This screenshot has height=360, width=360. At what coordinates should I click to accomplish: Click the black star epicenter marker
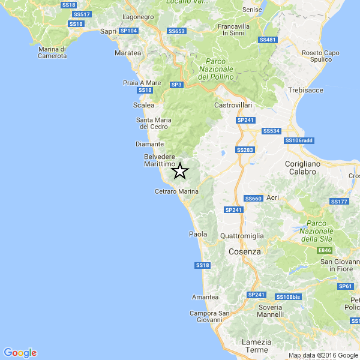pyautogui.click(x=179, y=171)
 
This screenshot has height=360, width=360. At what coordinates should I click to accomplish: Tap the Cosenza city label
pyautogui.click(x=245, y=252)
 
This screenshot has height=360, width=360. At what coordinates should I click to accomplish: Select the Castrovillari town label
pyautogui.click(x=233, y=105)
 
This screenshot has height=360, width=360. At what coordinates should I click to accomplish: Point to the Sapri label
pyautogui.click(x=109, y=31)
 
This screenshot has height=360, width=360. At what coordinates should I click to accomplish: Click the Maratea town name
pyautogui.click(x=127, y=53)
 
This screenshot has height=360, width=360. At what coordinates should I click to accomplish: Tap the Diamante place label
pyautogui.click(x=149, y=144)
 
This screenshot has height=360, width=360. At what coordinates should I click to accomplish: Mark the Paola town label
pyautogui.click(x=198, y=234)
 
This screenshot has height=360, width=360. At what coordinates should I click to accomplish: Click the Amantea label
pyautogui.click(x=205, y=297)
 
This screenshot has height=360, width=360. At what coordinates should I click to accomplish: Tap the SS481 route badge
pyautogui.click(x=268, y=40)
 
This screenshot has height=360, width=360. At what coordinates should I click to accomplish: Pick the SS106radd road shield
pyautogui.click(x=299, y=141)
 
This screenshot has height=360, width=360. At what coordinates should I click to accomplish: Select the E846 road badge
pyautogui.click(x=325, y=250)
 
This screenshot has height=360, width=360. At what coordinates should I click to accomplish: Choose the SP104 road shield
pyautogui.click(x=128, y=30)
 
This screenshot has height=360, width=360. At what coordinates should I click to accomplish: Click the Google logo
pyautogui.click(x=20, y=353)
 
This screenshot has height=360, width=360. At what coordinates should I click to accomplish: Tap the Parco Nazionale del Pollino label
pyautogui.click(x=219, y=69)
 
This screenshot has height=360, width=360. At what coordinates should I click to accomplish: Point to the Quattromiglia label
pyautogui.click(x=243, y=236)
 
